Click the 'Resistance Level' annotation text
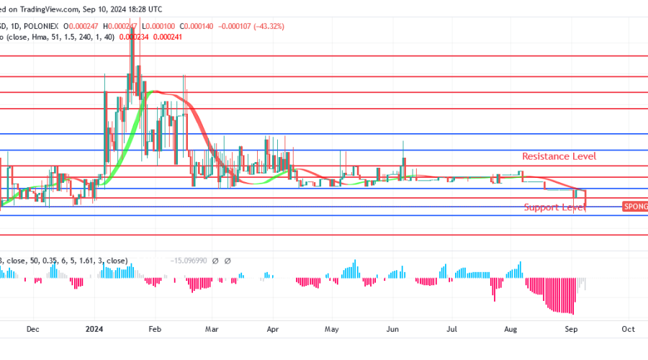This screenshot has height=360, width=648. (x=559, y=156)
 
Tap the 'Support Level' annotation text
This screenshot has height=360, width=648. (x=554, y=207)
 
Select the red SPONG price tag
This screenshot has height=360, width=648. (x=634, y=207)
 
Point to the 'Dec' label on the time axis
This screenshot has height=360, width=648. (x=32, y=329)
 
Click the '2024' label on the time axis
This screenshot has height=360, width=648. (x=94, y=329)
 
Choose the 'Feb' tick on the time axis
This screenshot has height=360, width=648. (x=155, y=329)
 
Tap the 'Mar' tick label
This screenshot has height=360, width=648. (x=211, y=329)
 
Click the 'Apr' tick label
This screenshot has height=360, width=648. (x=272, y=329)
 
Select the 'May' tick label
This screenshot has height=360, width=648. (x=331, y=329)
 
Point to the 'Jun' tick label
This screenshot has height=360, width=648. (x=392, y=329)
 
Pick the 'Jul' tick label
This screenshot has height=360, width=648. (x=451, y=329)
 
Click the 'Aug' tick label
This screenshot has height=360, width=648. (x=510, y=329)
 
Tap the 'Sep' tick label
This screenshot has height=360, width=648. (x=570, y=329)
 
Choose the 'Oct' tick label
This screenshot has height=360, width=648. (x=628, y=329)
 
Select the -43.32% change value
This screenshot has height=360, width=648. (x=265, y=26)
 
